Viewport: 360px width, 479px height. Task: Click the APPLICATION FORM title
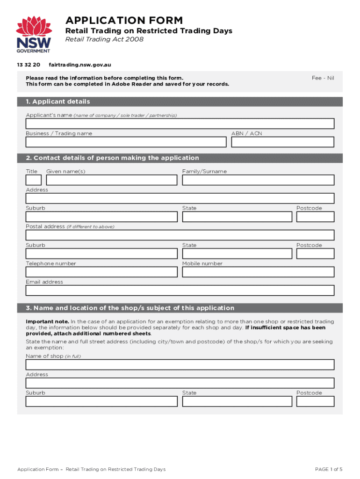point(124,21)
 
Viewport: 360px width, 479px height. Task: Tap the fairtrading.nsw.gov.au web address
point(79,65)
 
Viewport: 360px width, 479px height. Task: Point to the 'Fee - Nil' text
point(323,78)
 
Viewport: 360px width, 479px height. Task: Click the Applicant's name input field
point(180,123)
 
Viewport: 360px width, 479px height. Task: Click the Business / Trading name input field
point(126,142)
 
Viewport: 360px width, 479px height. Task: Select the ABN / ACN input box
point(282,142)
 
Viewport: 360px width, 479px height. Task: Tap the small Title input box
point(33,180)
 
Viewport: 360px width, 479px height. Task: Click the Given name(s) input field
point(112,180)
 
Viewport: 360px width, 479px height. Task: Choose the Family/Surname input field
point(258,180)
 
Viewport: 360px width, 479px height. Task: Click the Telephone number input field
point(101,272)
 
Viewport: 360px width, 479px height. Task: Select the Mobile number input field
point(258,272)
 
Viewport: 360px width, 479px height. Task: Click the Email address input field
point(180,290)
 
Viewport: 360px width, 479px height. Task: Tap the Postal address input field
point(180,235)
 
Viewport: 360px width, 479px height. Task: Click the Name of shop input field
point(180,364)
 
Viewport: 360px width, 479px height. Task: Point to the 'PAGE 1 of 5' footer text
point(329,469)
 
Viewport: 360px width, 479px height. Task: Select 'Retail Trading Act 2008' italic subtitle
point(104,39)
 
